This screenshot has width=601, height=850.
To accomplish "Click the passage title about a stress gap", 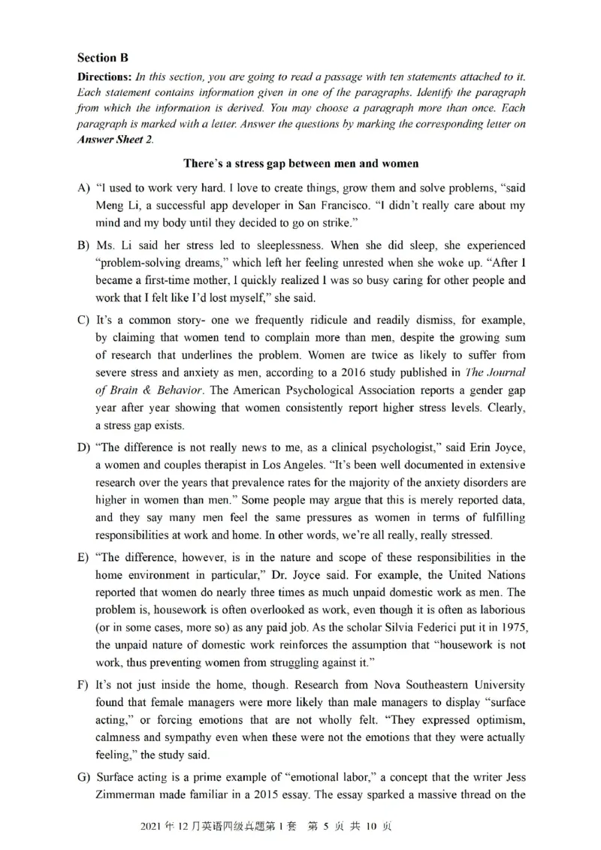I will tap(300, 163).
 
